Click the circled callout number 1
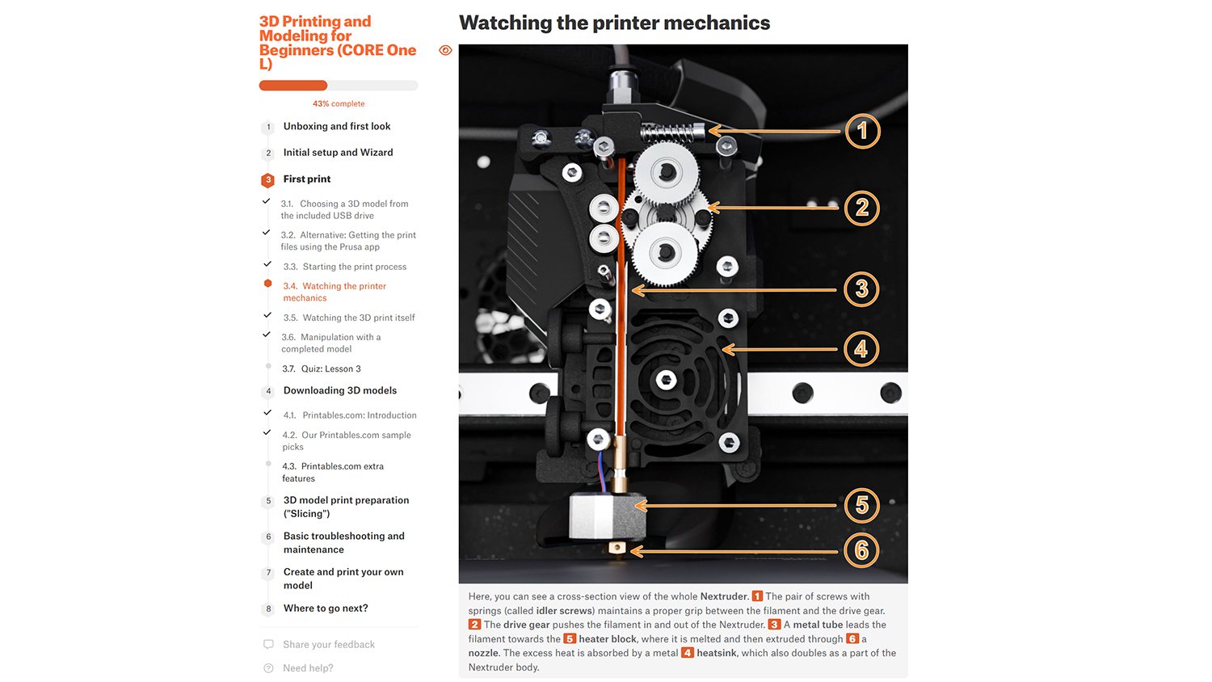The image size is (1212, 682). click(862, 131)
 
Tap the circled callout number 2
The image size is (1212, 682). click(862, 208)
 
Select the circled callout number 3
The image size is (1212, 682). click(861, 289)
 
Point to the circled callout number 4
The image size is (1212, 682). click(861, 349)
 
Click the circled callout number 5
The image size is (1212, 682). click(861, 505)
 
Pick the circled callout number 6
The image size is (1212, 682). click(861, 551)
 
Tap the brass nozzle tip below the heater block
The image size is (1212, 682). click(617, 549)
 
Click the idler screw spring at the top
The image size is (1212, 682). click(670, 131)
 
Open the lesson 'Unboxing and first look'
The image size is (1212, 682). click(336, 127)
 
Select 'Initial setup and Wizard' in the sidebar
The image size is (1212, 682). click(338, 153)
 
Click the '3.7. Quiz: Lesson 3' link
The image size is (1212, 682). click(322, 369)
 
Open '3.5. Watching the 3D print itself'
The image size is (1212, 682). click(348, 318)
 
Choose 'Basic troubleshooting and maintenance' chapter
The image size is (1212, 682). click(343, 543)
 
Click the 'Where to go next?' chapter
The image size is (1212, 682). click(325, 608)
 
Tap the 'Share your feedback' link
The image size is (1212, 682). click(328, 645)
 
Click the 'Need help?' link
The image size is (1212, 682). click(307, 668)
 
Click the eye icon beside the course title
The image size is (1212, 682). click(445, 50)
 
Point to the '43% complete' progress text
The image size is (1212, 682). click(339, 104)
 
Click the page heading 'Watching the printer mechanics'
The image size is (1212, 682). click(614, 23)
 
